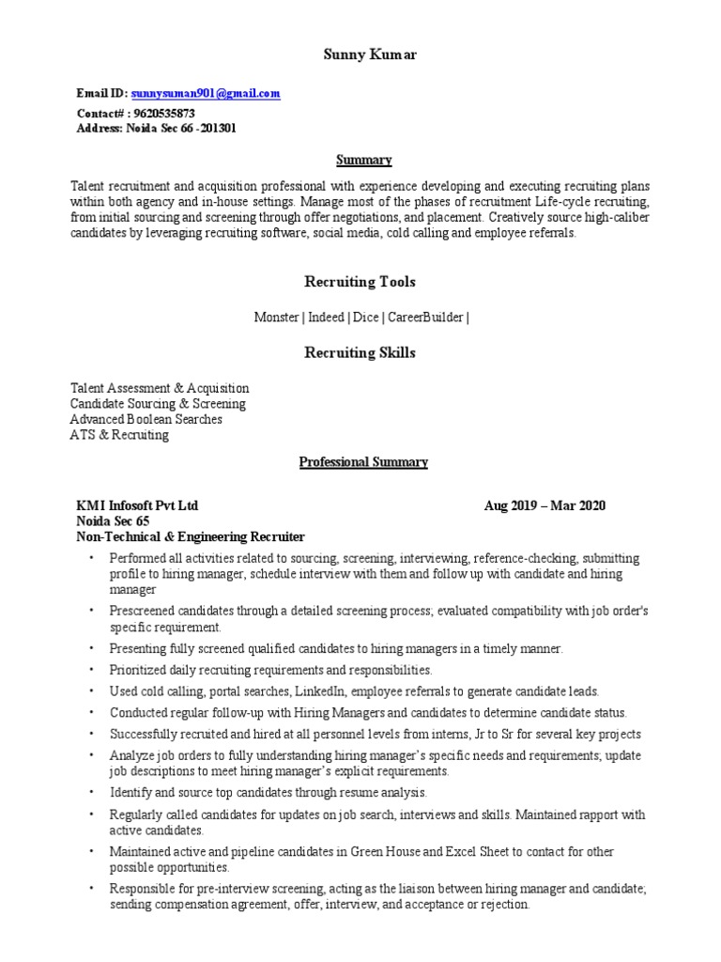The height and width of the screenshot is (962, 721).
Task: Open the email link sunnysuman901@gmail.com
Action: pos(206,94)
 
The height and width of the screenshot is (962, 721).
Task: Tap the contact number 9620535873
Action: pos(164,113)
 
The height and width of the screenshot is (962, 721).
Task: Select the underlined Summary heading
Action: pos(364,160)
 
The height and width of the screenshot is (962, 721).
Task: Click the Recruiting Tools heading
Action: pos(360,282)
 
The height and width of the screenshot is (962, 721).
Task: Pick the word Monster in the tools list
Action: pos(276,318)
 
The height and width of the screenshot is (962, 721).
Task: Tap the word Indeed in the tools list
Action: pos(326,318)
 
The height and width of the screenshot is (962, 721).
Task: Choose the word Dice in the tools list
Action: pos(366,318)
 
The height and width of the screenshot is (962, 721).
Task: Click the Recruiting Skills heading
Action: pos(360,353)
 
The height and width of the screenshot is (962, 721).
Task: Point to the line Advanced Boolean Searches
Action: pos(146,419)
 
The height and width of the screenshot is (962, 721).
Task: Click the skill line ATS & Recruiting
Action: pos(119,435)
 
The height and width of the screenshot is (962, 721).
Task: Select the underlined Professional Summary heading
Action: pos(363,462)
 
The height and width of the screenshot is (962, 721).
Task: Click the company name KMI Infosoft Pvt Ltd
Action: pos(137,505)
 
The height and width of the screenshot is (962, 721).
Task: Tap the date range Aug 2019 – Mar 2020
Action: pos(545,505)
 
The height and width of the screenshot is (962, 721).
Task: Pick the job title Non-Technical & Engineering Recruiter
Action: pos(191,536)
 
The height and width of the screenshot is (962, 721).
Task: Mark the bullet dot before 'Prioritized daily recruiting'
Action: pos(92,671)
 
